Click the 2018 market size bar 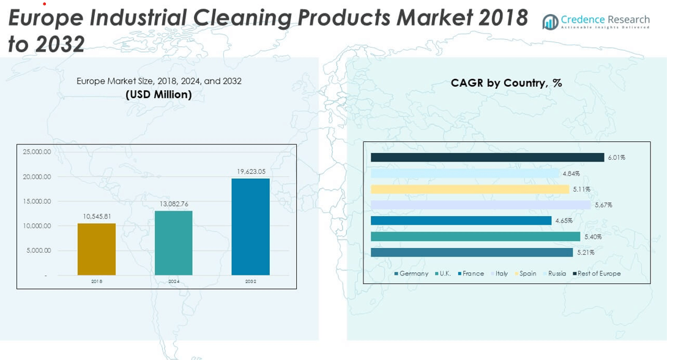pos(97,249)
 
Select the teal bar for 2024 pos(174,243)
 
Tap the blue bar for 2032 pos(250,227)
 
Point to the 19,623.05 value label pos(251,171)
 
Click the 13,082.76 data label pos(174,204)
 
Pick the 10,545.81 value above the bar pos(97,216)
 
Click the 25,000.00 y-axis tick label pos(37,152)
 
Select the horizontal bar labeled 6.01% pos(487,157)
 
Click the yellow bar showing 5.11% pos(470,189)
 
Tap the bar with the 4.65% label pos(461,220)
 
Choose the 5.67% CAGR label pos(603,205)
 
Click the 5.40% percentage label pos(593,237)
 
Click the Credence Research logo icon pos(550,22)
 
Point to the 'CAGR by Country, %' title pos(506,83)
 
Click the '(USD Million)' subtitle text pos(158,94)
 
